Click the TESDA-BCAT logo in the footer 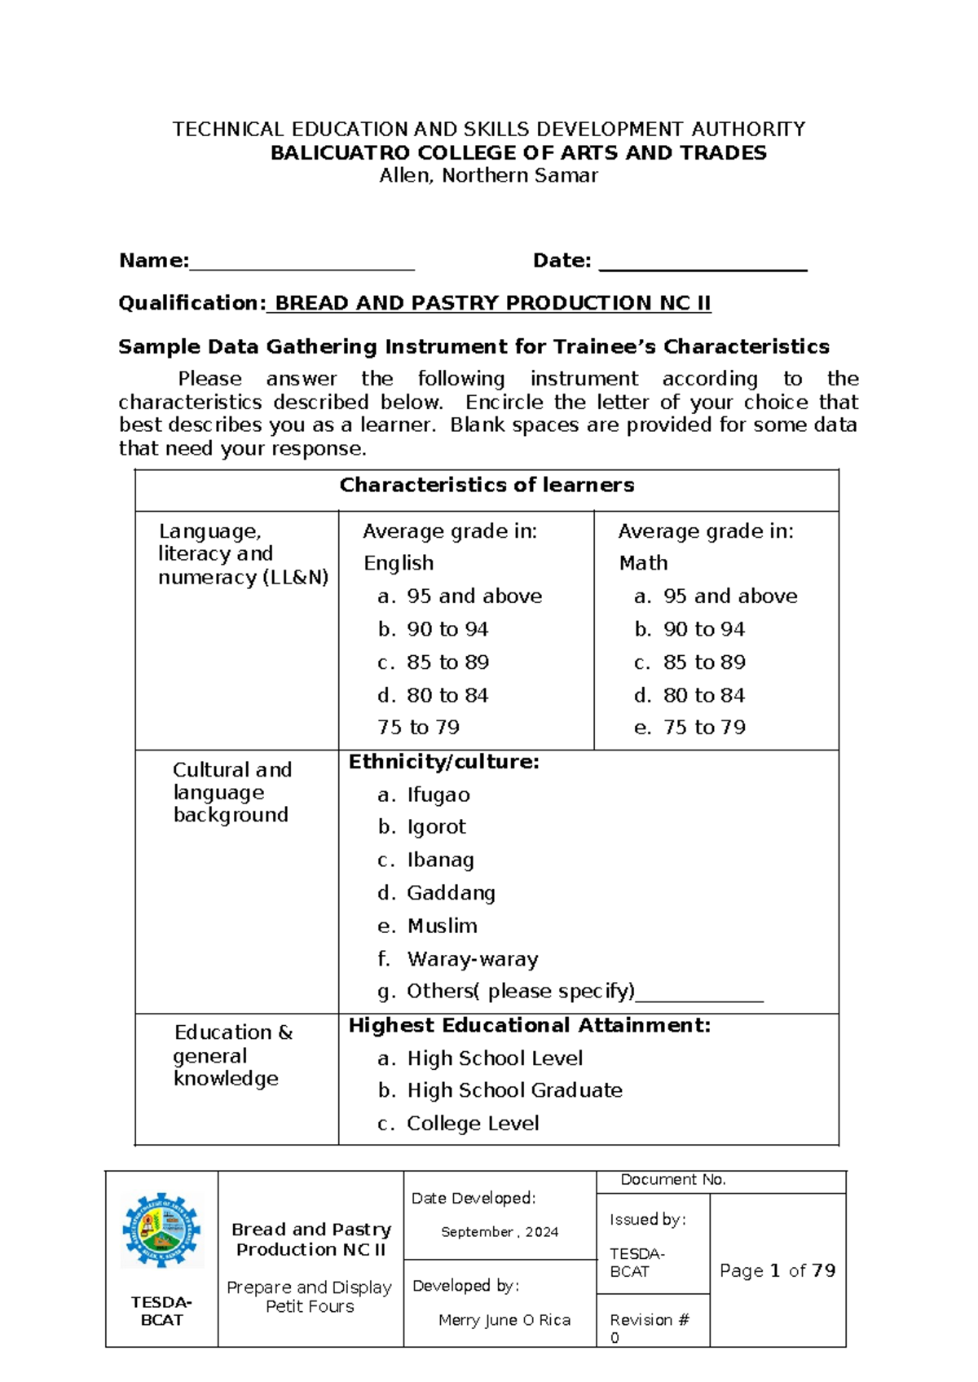click(x=161, y=1230)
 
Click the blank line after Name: click(x=302, y=263)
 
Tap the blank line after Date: click(x=703, y=263)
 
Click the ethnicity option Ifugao click(x=438, y=794)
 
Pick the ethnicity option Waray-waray click(x=472, y=959)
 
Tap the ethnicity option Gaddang click(x=451, y=893)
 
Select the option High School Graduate click(x=514, y=1090)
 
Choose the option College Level click(x=473, y=1123)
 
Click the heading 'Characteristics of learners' click(x=487, y=485)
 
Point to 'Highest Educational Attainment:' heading click(x=530, y=1025)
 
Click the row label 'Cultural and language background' click(x=231, y=792)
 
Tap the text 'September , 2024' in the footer click(x=500, y=1232)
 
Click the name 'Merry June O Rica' click(x=504, y=1320)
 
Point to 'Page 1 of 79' click(x=778, y=1270)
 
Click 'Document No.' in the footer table click(x=673, y=1180)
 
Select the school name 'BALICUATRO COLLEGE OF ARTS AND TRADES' click(x=518, y=153)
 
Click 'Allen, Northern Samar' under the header click(x=488, y=175)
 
